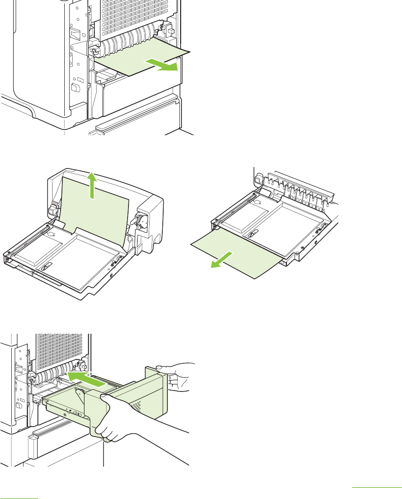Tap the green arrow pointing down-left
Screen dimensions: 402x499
[x=222, y=260]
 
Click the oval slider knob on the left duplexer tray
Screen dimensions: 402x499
[x=46, y=267]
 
